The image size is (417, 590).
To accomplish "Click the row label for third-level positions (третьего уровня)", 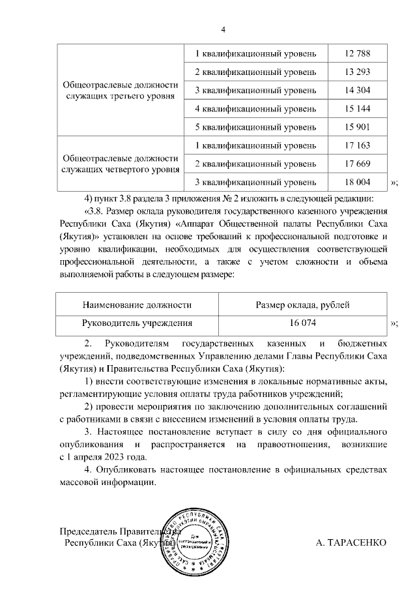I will coord(120,90).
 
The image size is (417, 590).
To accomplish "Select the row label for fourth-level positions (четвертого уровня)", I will coord(120,164).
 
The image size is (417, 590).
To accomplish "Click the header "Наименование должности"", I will coord(137,304).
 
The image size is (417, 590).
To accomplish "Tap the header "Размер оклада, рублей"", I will coord(303,304).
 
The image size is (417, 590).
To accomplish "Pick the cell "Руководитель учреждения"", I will coord(137,323).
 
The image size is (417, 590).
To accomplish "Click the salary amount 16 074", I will coord(303,323).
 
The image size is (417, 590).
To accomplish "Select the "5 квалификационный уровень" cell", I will coord(256,126).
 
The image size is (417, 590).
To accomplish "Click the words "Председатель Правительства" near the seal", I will coord(117,531).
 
